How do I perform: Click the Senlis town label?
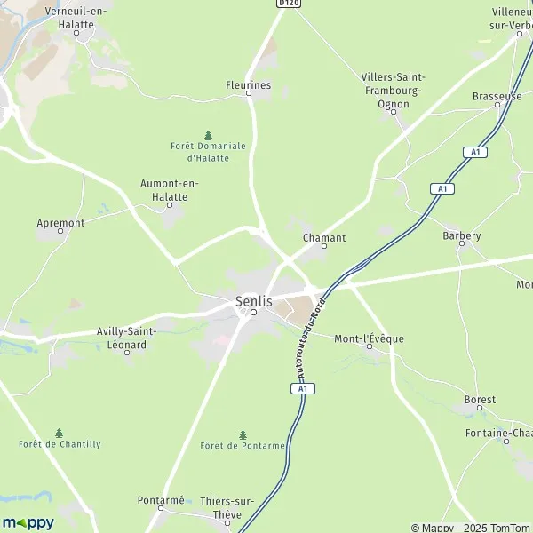tap(253, 301)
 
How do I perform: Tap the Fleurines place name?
tap(248, 86)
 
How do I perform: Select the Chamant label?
tap(323, 238)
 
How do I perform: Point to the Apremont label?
tap(61, 223)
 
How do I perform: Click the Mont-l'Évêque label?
tap(369, 338)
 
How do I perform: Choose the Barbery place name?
tap(461, 235)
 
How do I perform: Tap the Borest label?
tap(480, 400)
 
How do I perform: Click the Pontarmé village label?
tap(161, 500)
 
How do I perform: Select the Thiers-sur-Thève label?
tap(227, 507)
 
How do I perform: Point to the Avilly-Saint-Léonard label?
tap(126, 338)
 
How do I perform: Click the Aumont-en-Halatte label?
tap(170, 190)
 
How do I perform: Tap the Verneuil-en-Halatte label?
tap(56, 19)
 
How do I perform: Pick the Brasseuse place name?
tap(497, 96)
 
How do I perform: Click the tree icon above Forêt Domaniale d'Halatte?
tap(208, 135)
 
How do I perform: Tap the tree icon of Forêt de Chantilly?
tap(60, 433)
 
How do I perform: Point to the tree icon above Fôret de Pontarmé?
tap(242, 434)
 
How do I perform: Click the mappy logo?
tap(28, 522)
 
